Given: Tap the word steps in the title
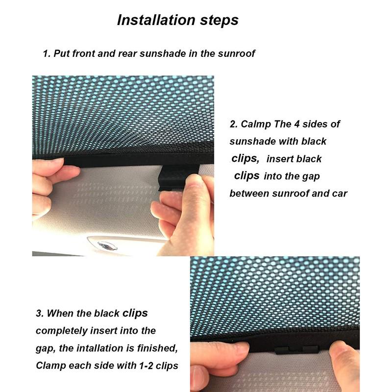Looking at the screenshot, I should pos(217,20).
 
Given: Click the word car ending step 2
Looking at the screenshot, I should pos(339,193).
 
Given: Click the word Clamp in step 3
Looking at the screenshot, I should pos(51,366).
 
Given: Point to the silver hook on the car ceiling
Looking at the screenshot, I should pos(104,245).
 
